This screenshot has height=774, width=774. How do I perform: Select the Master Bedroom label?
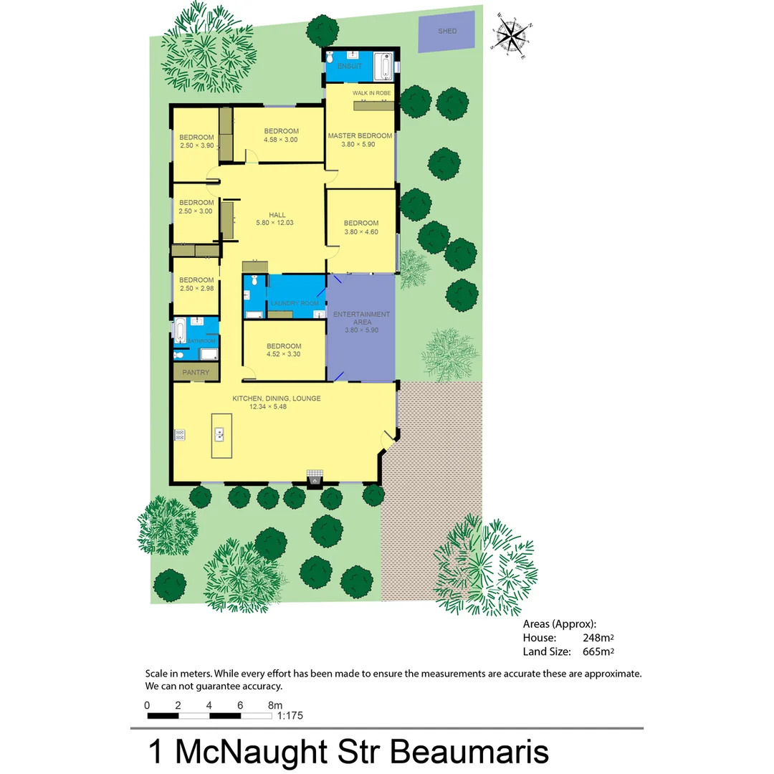coord(360,135)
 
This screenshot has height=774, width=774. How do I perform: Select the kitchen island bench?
coord(221,435)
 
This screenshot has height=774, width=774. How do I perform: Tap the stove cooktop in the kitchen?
coord(179,434)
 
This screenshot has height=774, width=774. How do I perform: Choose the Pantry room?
coord(196,372)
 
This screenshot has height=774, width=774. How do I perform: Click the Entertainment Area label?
coord(362,318)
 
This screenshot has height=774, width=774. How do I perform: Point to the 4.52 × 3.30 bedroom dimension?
coord(283,354)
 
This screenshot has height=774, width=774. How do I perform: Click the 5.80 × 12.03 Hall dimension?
coord(274,223)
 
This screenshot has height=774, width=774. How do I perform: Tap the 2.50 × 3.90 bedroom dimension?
coord(197,145)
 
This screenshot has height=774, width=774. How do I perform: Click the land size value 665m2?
coord(598,651)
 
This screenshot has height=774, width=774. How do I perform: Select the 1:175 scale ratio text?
coord(290,715)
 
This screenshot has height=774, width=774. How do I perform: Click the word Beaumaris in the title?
coord(469,752)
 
